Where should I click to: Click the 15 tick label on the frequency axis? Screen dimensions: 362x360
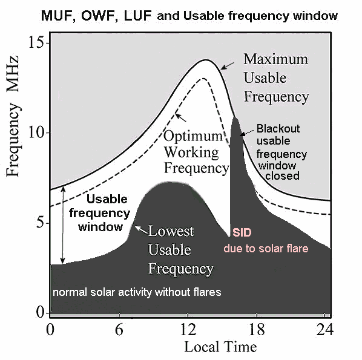pyautogui.click(x=36, y=43)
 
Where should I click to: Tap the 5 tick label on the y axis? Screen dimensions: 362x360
pyautogui.click(x=40, y=223)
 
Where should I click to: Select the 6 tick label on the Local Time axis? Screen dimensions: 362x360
pyautogui.click(x=119, y=329)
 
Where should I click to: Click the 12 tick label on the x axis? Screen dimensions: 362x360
pyautogui.click(x=188, y=329)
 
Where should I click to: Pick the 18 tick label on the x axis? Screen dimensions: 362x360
pyautogui.click(x=257, y=329)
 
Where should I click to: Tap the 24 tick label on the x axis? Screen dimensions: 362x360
pyautogui.click(x=325, y=329)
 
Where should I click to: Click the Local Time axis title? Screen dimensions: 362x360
pyautogui.click(x=220, y=347)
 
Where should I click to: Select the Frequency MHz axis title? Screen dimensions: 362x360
pyautogui.click(x=12, y=116)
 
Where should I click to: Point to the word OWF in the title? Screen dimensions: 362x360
pyautogui.click(x=99, y=16)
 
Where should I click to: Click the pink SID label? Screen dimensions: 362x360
pyautogui.click(x=242, y=232)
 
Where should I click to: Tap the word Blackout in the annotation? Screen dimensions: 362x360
pyautogui.click(x=278, y=128)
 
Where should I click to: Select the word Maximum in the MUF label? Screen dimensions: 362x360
pyautogui.click(x=275, y=59)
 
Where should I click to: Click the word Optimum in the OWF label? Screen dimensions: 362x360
pyautogui.click(x=193, y=136)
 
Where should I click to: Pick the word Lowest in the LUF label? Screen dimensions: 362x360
pyautogui.click(x=171, y=231)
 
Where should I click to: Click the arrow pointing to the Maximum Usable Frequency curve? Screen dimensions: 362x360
pyautogui.click(x=228, y=66)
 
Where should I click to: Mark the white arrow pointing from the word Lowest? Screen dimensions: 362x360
pyautogui.click(x=141, y=230)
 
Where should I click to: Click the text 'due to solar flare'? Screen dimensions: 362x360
pyautogui.click(x=266, y=249)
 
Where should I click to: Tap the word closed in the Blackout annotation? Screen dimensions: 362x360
pyautogui.click(x=282, y=175)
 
